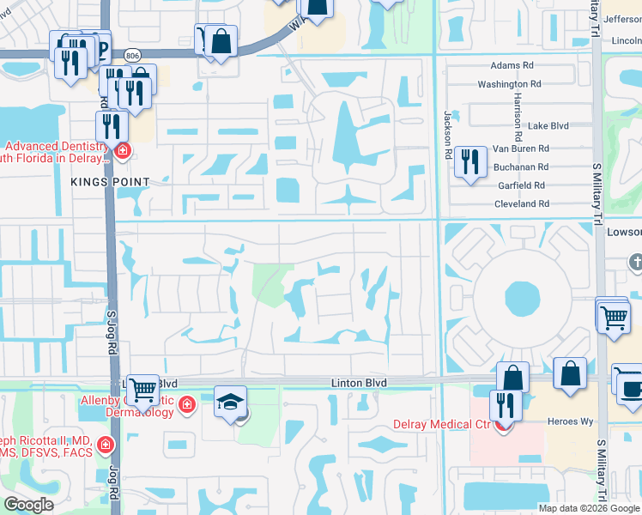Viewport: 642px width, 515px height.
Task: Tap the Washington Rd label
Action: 509,84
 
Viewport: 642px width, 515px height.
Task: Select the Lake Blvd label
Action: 548,125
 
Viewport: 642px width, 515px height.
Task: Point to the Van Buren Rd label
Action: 520,148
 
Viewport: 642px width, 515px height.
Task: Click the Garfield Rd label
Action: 521,185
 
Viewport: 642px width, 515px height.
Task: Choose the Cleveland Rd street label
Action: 521,204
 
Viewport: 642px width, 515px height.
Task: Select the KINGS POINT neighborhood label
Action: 111,182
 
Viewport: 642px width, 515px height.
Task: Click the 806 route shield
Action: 130,53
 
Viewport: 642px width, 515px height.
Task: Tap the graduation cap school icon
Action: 230,402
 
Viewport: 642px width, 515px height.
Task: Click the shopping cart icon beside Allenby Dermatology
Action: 142,388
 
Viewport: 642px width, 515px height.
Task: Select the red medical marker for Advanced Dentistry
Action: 123,152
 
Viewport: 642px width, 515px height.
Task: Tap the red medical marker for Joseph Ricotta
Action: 105,445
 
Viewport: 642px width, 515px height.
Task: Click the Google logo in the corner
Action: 28,505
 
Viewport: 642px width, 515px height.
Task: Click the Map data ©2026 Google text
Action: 589,507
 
